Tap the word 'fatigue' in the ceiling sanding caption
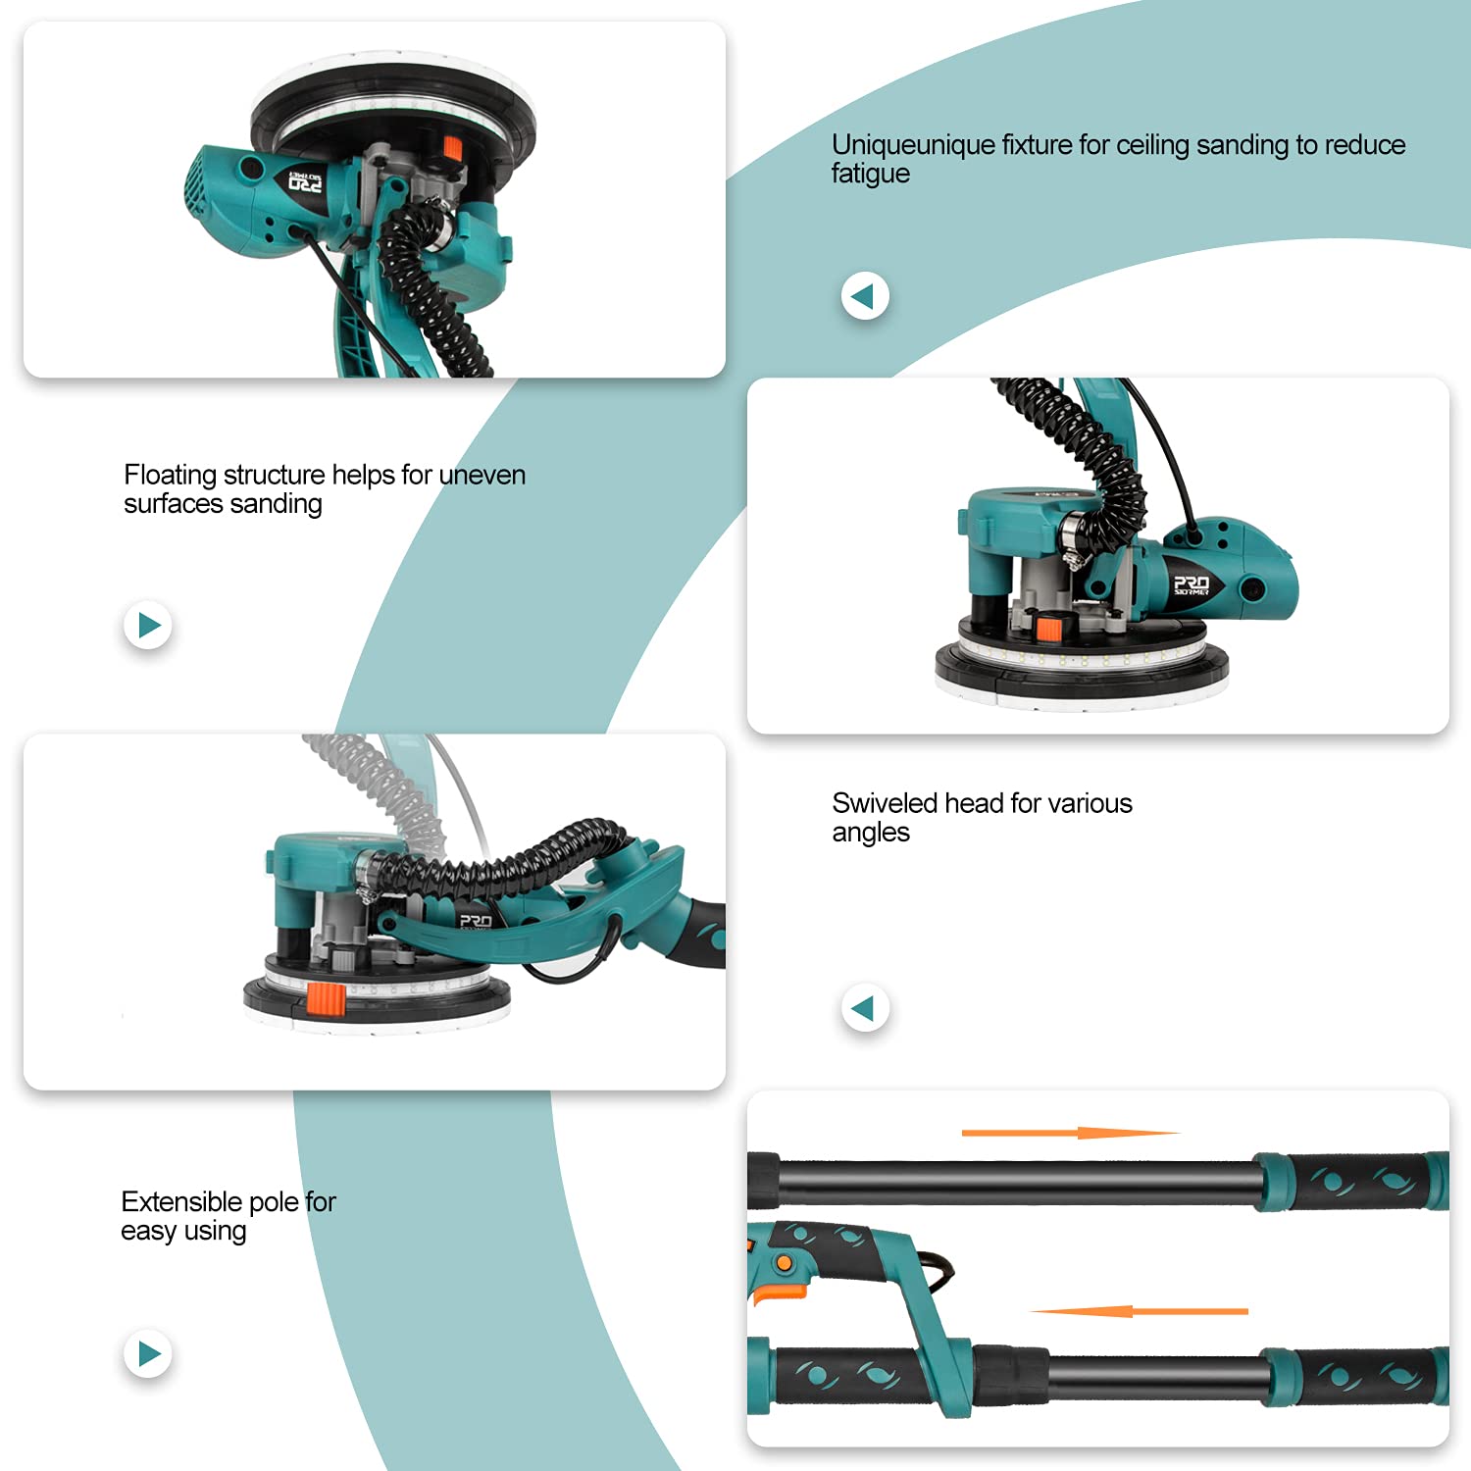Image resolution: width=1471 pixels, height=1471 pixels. click(x=871, y=176)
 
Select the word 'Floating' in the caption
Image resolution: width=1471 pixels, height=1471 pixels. click(x=170, y=476)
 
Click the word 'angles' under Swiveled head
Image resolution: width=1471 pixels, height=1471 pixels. click(x=871, y=834)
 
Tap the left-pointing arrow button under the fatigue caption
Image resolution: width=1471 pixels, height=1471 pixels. click(x=865, y=295)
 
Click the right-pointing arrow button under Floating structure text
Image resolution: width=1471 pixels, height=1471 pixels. click(x=148, y=625)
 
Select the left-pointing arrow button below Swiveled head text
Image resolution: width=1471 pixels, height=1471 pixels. click(x=865, y=1008)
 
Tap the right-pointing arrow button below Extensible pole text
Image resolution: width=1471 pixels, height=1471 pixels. click(x=148, y=1353)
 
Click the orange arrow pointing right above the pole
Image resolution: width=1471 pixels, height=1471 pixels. click(x=1070, y=1133)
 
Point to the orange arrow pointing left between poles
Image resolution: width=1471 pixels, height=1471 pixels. click(x=1139, y=1311)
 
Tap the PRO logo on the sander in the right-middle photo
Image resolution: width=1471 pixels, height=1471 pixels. click(x=1192, y=585)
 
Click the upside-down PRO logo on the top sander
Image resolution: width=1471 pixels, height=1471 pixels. click(x=305, y=181)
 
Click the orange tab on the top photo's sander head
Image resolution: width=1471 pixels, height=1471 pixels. click(x=452, y=148)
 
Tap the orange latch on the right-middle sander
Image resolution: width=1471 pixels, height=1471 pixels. click(x=1049, y=628)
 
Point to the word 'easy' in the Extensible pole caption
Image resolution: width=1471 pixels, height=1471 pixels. click(x=148, y=1232)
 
